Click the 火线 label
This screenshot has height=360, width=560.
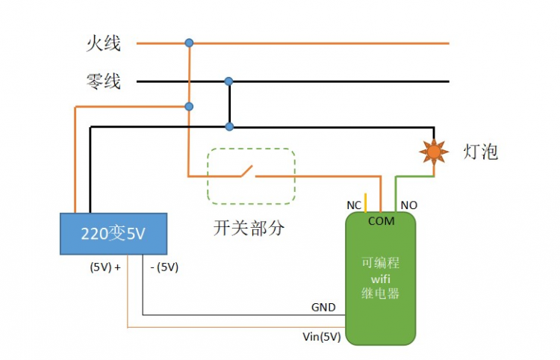tap(103, 44)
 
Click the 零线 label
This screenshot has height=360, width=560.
tap(103, 81)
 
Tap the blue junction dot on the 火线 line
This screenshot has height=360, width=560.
tap(189, 43)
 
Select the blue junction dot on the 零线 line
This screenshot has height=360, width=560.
tap(229, 81)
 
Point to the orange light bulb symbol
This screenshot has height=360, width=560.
tap(433, 152)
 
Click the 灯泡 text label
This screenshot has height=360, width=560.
tap(480, 152)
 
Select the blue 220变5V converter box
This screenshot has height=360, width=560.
tap(113, 234)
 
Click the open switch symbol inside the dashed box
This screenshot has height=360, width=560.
tap(246, 173)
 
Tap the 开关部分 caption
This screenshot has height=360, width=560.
tap(249, 229)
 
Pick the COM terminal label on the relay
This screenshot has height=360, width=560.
tap(381, 221)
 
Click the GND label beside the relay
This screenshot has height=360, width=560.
tap(323, 308)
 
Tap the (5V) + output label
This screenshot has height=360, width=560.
tap(105, 267)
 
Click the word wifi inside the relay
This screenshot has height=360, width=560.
tap(380, 279)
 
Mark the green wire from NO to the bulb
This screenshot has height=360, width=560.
tap(415, 177)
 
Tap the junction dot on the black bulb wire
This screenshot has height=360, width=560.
tap(229, 126)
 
